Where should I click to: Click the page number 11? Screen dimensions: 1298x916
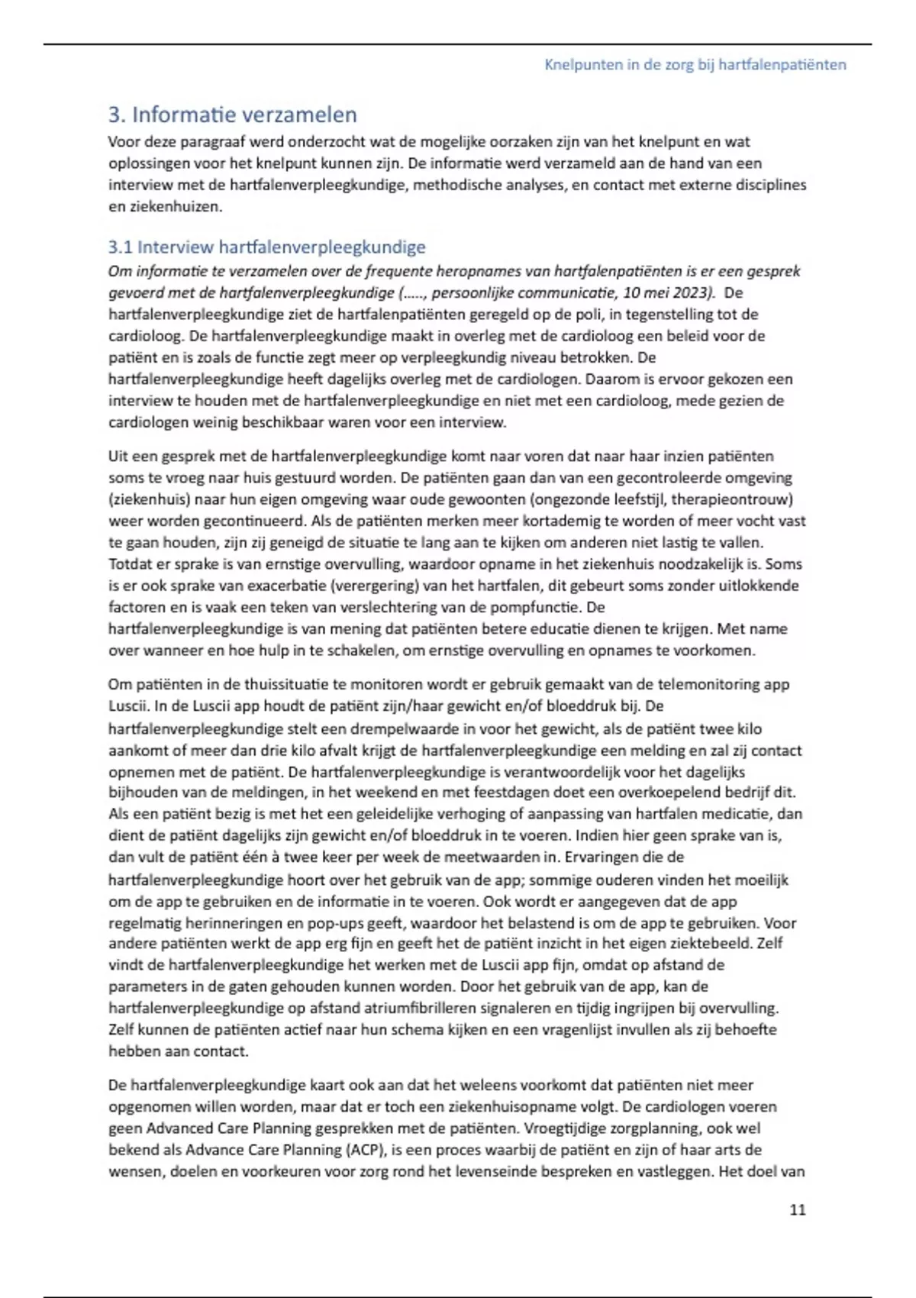pyautogui.click(x=797, y=1209)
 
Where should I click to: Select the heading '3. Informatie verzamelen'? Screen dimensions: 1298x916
pyautogui.click(x=233, y=115)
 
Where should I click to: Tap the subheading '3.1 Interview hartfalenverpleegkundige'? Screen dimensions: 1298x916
pyautogui.click(x=266, y=247)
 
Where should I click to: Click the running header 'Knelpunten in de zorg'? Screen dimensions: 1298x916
pyautogui.click(x=695, y=65)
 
